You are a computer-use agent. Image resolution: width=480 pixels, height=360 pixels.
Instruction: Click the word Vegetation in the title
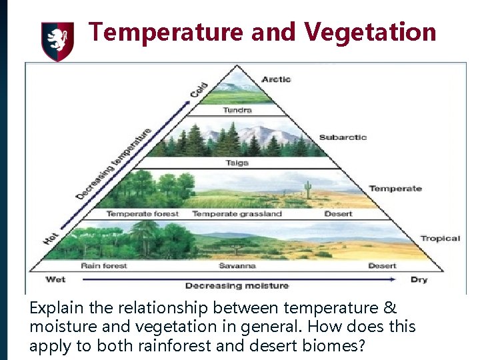tap(370, 31)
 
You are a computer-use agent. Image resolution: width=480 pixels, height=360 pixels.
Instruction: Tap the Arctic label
tap(276, 79)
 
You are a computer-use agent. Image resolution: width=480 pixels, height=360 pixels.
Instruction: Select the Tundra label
tap(237, 110)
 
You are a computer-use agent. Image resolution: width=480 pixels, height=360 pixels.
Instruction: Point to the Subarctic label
tap(343, 137)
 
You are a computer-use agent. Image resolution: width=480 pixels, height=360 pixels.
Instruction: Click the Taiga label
tap(237, 163)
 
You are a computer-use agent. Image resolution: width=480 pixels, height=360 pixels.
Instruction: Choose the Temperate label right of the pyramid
tap(395, 189)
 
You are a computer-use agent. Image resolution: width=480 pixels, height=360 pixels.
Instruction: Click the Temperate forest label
tap(143, 214)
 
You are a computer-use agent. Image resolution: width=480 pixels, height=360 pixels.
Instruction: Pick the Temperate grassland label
tap(237, 214)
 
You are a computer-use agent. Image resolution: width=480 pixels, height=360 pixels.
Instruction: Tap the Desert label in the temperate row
tap(339, 214)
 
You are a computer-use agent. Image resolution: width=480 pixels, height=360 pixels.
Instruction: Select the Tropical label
tap(440, 239)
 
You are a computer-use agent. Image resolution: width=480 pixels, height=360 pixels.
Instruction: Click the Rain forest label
tap(104, 266)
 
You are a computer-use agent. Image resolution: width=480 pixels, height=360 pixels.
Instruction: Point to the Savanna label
tap(237, 266)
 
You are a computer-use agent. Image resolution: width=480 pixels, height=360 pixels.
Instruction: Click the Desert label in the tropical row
tap(382, 266)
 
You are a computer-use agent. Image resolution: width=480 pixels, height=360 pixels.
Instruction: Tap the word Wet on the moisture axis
tap(55, 279)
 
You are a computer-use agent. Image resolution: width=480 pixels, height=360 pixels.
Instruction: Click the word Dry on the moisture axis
tap(419, 279)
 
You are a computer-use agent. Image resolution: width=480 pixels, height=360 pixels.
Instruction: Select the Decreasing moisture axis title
tap(237, 285)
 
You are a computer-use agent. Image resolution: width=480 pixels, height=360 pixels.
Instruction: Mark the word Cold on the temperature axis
tap(199, 89)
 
